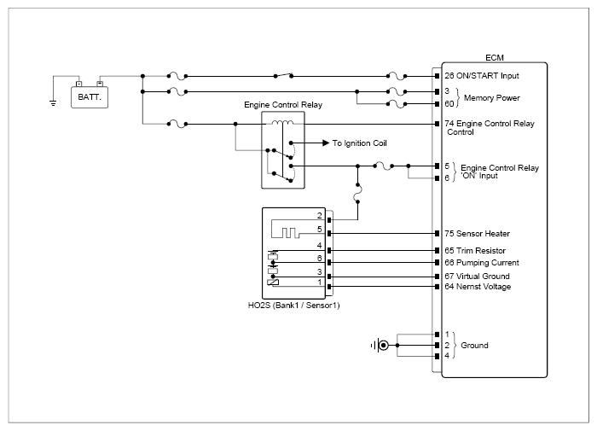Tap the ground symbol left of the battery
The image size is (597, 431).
coord(54,103)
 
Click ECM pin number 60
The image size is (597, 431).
coord(449,104)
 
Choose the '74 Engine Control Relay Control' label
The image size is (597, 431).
coord(490,128)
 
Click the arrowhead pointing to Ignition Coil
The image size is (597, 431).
coord(325,143)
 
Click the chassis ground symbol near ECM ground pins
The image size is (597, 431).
coord(382,346)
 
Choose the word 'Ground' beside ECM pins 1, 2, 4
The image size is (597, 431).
coord(475,346)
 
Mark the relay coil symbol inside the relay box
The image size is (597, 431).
coord(278,123)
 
